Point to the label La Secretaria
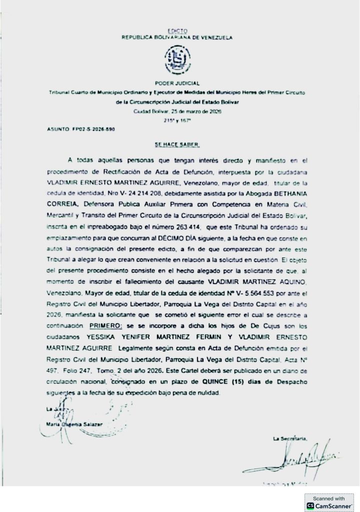288,438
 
